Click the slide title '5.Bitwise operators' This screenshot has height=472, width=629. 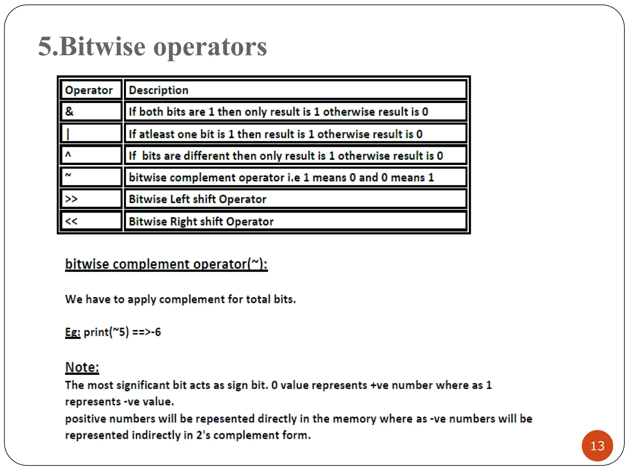tap(153, 47)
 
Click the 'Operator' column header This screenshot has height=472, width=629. tap(89, 90)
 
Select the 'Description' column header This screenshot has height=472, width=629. tap(158, 90)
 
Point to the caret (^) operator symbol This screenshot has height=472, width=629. tap(68, 155)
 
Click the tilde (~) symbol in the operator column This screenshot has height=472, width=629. tap(68, 175)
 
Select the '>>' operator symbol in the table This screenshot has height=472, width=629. tap(71, 199)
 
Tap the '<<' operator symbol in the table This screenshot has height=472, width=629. tap(71, 221)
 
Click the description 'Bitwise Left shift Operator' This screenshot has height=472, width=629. tap(197, 199)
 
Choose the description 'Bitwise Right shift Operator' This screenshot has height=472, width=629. tap(201, 221)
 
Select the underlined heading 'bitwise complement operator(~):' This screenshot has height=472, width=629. tap(166, 264)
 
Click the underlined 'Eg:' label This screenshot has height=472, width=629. tap(73, 332)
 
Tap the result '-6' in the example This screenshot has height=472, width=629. tap(157, 332)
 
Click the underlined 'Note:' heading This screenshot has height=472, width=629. tap(82, 367)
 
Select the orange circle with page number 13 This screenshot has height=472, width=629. tap(597, 446)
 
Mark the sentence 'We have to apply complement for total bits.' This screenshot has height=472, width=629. tap(180, 299)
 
